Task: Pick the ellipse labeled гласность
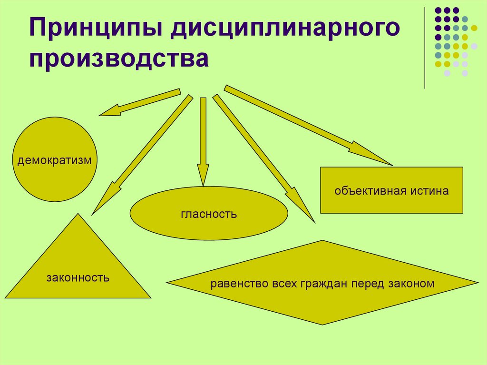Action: [209, 214]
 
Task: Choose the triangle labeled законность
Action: [78, 266]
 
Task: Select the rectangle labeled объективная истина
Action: [391, 190]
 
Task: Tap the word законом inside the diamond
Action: [411, 284]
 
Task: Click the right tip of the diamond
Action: [477, 283]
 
